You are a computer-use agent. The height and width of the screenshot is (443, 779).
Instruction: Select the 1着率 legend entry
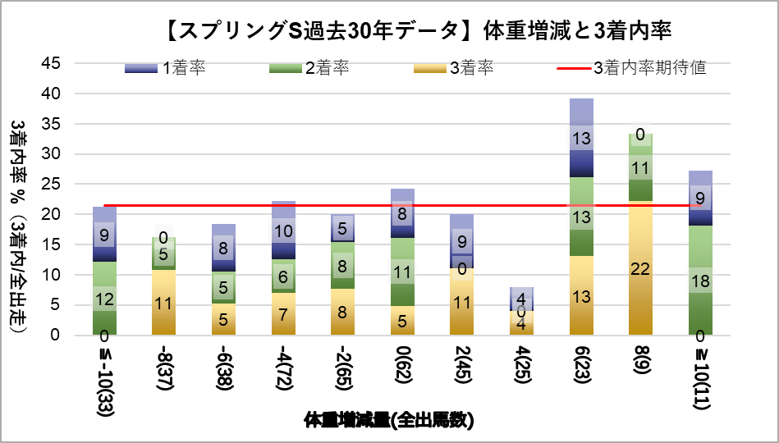click(165, 68)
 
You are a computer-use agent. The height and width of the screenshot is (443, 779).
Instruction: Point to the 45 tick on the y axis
click(51, 63)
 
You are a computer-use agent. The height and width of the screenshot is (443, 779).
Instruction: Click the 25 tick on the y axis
click(51, 184)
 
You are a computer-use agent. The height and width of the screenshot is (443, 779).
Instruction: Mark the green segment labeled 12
click(104, 299)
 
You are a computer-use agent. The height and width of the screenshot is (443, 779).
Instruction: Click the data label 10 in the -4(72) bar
click(282, 231)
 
